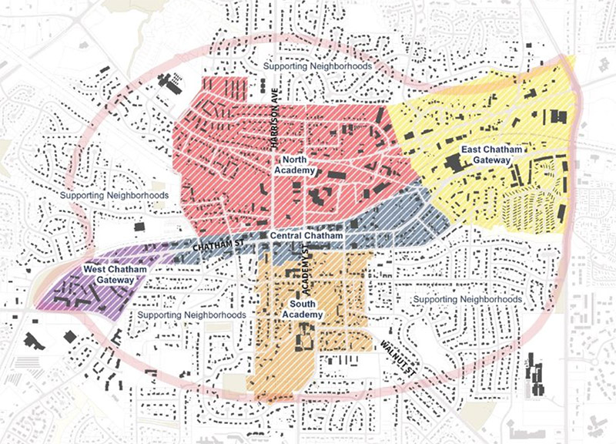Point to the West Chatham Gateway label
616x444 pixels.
click(x=107, y=275)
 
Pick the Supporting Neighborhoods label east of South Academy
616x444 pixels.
click(x=467, y=298)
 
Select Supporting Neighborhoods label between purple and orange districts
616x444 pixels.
click(x=192, y=315)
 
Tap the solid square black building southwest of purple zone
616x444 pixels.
click(x=70, y=337)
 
